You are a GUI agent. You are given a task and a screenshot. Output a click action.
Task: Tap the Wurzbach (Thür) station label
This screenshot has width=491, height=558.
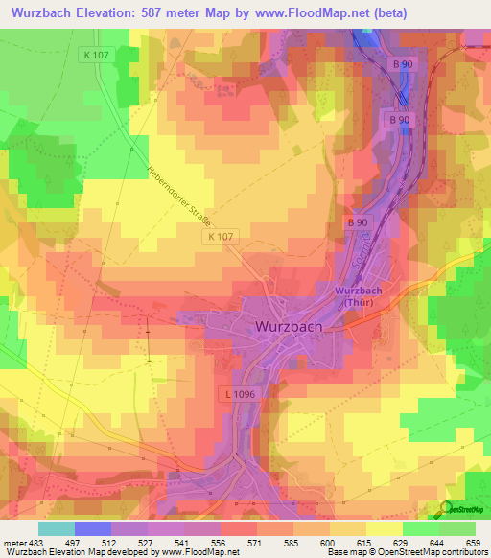coord(360,296)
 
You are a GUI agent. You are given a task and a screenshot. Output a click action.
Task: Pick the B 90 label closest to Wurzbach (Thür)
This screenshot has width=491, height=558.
coord(358,222)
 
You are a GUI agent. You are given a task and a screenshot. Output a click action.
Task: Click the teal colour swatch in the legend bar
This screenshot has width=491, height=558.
coord(57,528)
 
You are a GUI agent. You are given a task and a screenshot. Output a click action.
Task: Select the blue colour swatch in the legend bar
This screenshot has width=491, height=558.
coord(93,528)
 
